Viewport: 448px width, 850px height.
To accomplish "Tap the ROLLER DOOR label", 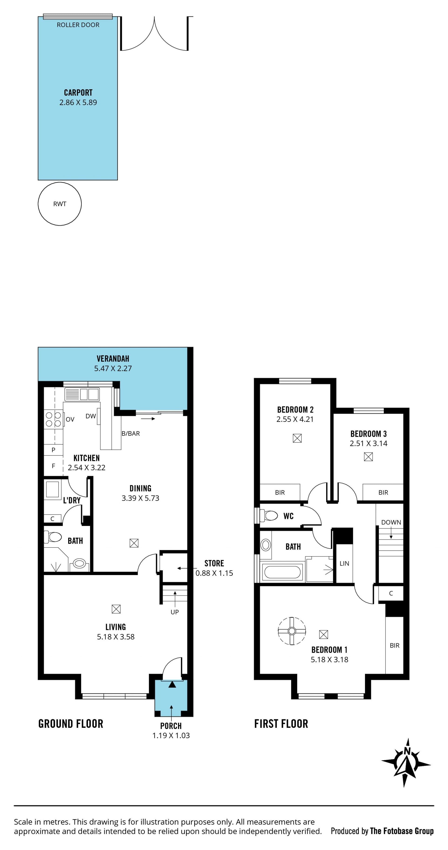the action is (78, 25).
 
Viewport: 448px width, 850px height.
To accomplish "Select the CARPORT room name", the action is (78, 93).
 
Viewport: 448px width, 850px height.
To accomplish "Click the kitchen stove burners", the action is (53, 419).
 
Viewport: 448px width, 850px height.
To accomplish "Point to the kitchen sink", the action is (81, 394).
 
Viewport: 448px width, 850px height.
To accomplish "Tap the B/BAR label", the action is (130, 434).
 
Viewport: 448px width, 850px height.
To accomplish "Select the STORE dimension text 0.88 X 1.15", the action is (214, 573).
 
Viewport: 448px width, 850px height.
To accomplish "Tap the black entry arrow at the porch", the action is (172, 685).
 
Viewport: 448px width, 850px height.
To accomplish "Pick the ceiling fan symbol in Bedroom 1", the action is (291, 631).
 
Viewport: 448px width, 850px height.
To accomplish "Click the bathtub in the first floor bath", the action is (282, 572).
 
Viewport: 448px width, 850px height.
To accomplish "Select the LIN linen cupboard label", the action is (344, 564).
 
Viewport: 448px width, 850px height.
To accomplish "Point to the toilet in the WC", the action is (268, 515).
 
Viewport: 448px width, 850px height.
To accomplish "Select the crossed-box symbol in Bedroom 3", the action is (368, 457).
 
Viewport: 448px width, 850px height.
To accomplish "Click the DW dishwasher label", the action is (91, 416).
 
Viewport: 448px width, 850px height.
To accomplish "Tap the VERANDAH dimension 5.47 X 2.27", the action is (113, 369).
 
